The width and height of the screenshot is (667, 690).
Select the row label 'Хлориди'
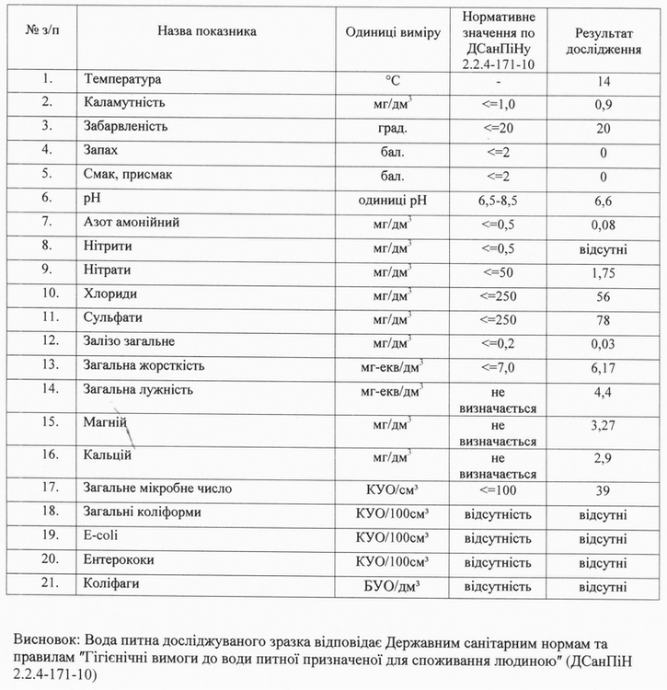click(x=107, y=294)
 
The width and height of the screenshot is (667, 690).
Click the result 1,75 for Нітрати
click(x=603, y=272)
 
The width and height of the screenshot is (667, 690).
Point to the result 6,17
click(x=603, y=367)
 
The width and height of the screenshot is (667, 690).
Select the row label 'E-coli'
click(x=100, y=535)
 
